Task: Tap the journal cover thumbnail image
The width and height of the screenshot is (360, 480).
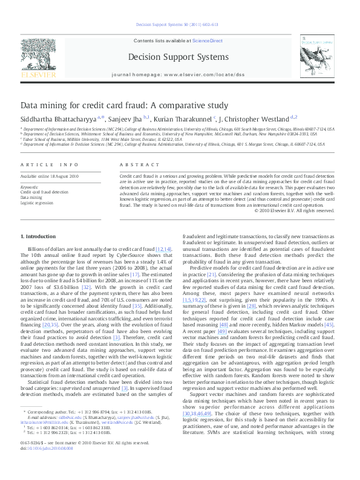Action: tap(320, 57)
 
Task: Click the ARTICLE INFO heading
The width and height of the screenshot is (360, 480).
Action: tap(49, 164)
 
